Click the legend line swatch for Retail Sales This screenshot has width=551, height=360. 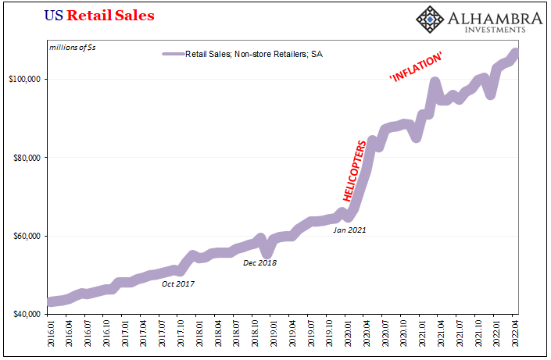pyautogui.click(x=172, y=54)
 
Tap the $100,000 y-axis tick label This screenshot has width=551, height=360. pyautogui.click(x=27, y=79)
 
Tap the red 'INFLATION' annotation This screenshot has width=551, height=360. pyautogui.click(x=417, y=68)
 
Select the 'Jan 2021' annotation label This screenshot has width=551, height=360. pyautogui.click(x=349, y=230)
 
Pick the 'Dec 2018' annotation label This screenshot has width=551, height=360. pyautogui.click(x=259, y=262)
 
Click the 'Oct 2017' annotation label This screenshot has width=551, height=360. pyautogui.click(x=178, y=283)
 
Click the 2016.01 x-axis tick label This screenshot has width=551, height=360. pyautogui.click(x=51, y=334)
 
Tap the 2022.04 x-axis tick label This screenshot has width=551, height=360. pyautogui.click(x=515, y=334)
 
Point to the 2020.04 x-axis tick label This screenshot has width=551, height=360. pyautogui.click(x=367, y=334)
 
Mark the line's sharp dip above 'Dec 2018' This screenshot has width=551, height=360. pyautogui.click(x=267, y=252)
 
